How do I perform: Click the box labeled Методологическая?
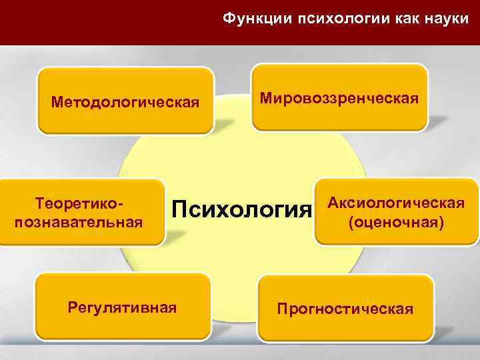point(125,102)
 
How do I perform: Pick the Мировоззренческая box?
point(339,99)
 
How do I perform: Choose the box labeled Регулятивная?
point(123,307)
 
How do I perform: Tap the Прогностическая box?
point(345,309)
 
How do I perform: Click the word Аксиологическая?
point(395,202)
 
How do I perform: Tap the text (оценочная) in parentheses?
point(395,221)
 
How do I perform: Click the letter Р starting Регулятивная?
point(73,307)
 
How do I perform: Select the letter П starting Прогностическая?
point(283,309)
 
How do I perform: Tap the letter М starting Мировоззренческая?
point(265,99)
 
